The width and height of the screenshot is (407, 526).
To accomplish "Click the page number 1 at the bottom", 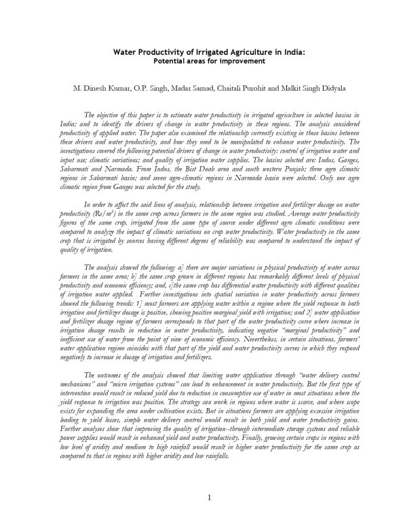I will pos(210,500).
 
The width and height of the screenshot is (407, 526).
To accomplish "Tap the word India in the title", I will pos(293,51).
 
